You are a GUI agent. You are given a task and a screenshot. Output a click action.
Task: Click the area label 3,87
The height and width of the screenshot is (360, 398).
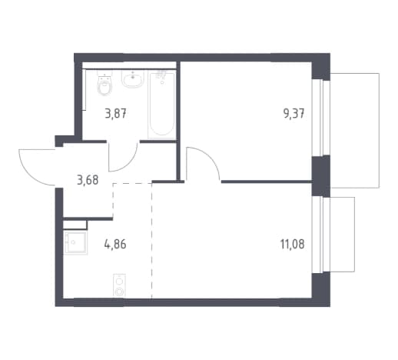coord(115,113)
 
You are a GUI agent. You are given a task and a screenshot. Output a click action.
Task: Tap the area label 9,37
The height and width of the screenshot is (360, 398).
coord(294,113)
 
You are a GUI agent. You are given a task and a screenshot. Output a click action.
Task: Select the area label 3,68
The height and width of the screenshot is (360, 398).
coord(88,180)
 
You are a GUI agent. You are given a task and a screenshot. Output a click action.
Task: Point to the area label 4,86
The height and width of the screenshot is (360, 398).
coord(115,244)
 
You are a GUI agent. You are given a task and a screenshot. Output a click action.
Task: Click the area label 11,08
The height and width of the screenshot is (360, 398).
coord(293,244)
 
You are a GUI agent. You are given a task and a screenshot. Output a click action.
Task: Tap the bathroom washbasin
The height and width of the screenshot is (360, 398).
coord(133,79)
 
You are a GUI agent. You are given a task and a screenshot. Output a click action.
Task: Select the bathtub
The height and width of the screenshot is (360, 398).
coord(161,105)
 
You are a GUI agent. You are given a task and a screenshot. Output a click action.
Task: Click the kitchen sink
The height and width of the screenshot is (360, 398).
coord(75,242)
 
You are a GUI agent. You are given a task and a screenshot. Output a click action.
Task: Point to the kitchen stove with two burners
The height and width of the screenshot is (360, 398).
coord(119,285)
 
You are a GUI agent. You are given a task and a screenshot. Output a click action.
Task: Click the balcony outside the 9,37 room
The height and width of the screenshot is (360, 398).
coord(355,131)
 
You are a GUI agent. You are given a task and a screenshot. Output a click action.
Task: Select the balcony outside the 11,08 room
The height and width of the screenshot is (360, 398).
coord(342,235)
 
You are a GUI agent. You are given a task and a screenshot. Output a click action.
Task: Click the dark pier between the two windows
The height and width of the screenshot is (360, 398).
coord(320,176)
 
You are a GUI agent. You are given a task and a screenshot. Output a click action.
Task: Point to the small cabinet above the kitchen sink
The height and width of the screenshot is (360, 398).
coord(75,225)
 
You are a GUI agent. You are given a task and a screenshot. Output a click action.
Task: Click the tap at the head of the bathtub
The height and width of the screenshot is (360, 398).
coord(161,76)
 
